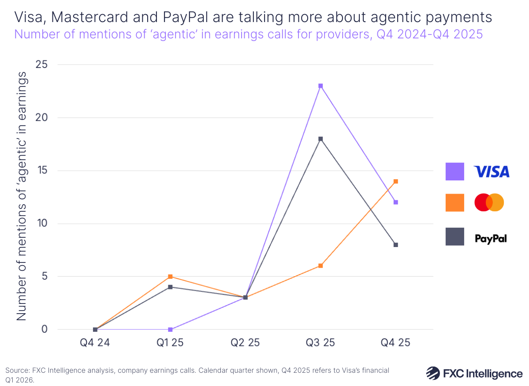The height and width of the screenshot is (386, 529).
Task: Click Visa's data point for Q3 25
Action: pos(320,86)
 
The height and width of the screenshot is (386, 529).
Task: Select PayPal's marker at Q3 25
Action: pos(320,139)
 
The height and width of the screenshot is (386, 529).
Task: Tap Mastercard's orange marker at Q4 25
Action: pos(396,181)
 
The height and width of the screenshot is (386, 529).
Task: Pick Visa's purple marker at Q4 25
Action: pos(396,202)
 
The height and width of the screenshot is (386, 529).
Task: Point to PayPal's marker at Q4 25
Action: pos(396,245)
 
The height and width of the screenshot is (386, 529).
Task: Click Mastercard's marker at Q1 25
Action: pos(170,277)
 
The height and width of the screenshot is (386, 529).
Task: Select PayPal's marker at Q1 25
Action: pos(170,287)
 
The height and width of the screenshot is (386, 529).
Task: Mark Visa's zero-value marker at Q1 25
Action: pos(170,330)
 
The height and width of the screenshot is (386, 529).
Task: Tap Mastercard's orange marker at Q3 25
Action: pos(320,266)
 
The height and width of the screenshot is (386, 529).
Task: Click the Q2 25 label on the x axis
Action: pos(245,343)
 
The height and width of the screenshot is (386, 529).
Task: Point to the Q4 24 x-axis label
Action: pos(95,343)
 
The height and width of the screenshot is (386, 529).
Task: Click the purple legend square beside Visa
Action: pos(454,172)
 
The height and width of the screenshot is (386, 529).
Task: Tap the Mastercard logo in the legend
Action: pos(489,202)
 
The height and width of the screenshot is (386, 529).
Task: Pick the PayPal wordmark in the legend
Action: pos(491,239)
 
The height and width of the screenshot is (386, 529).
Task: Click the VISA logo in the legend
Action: pos(491,172)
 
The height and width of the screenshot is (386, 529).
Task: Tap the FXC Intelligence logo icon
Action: pos(433,373)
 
